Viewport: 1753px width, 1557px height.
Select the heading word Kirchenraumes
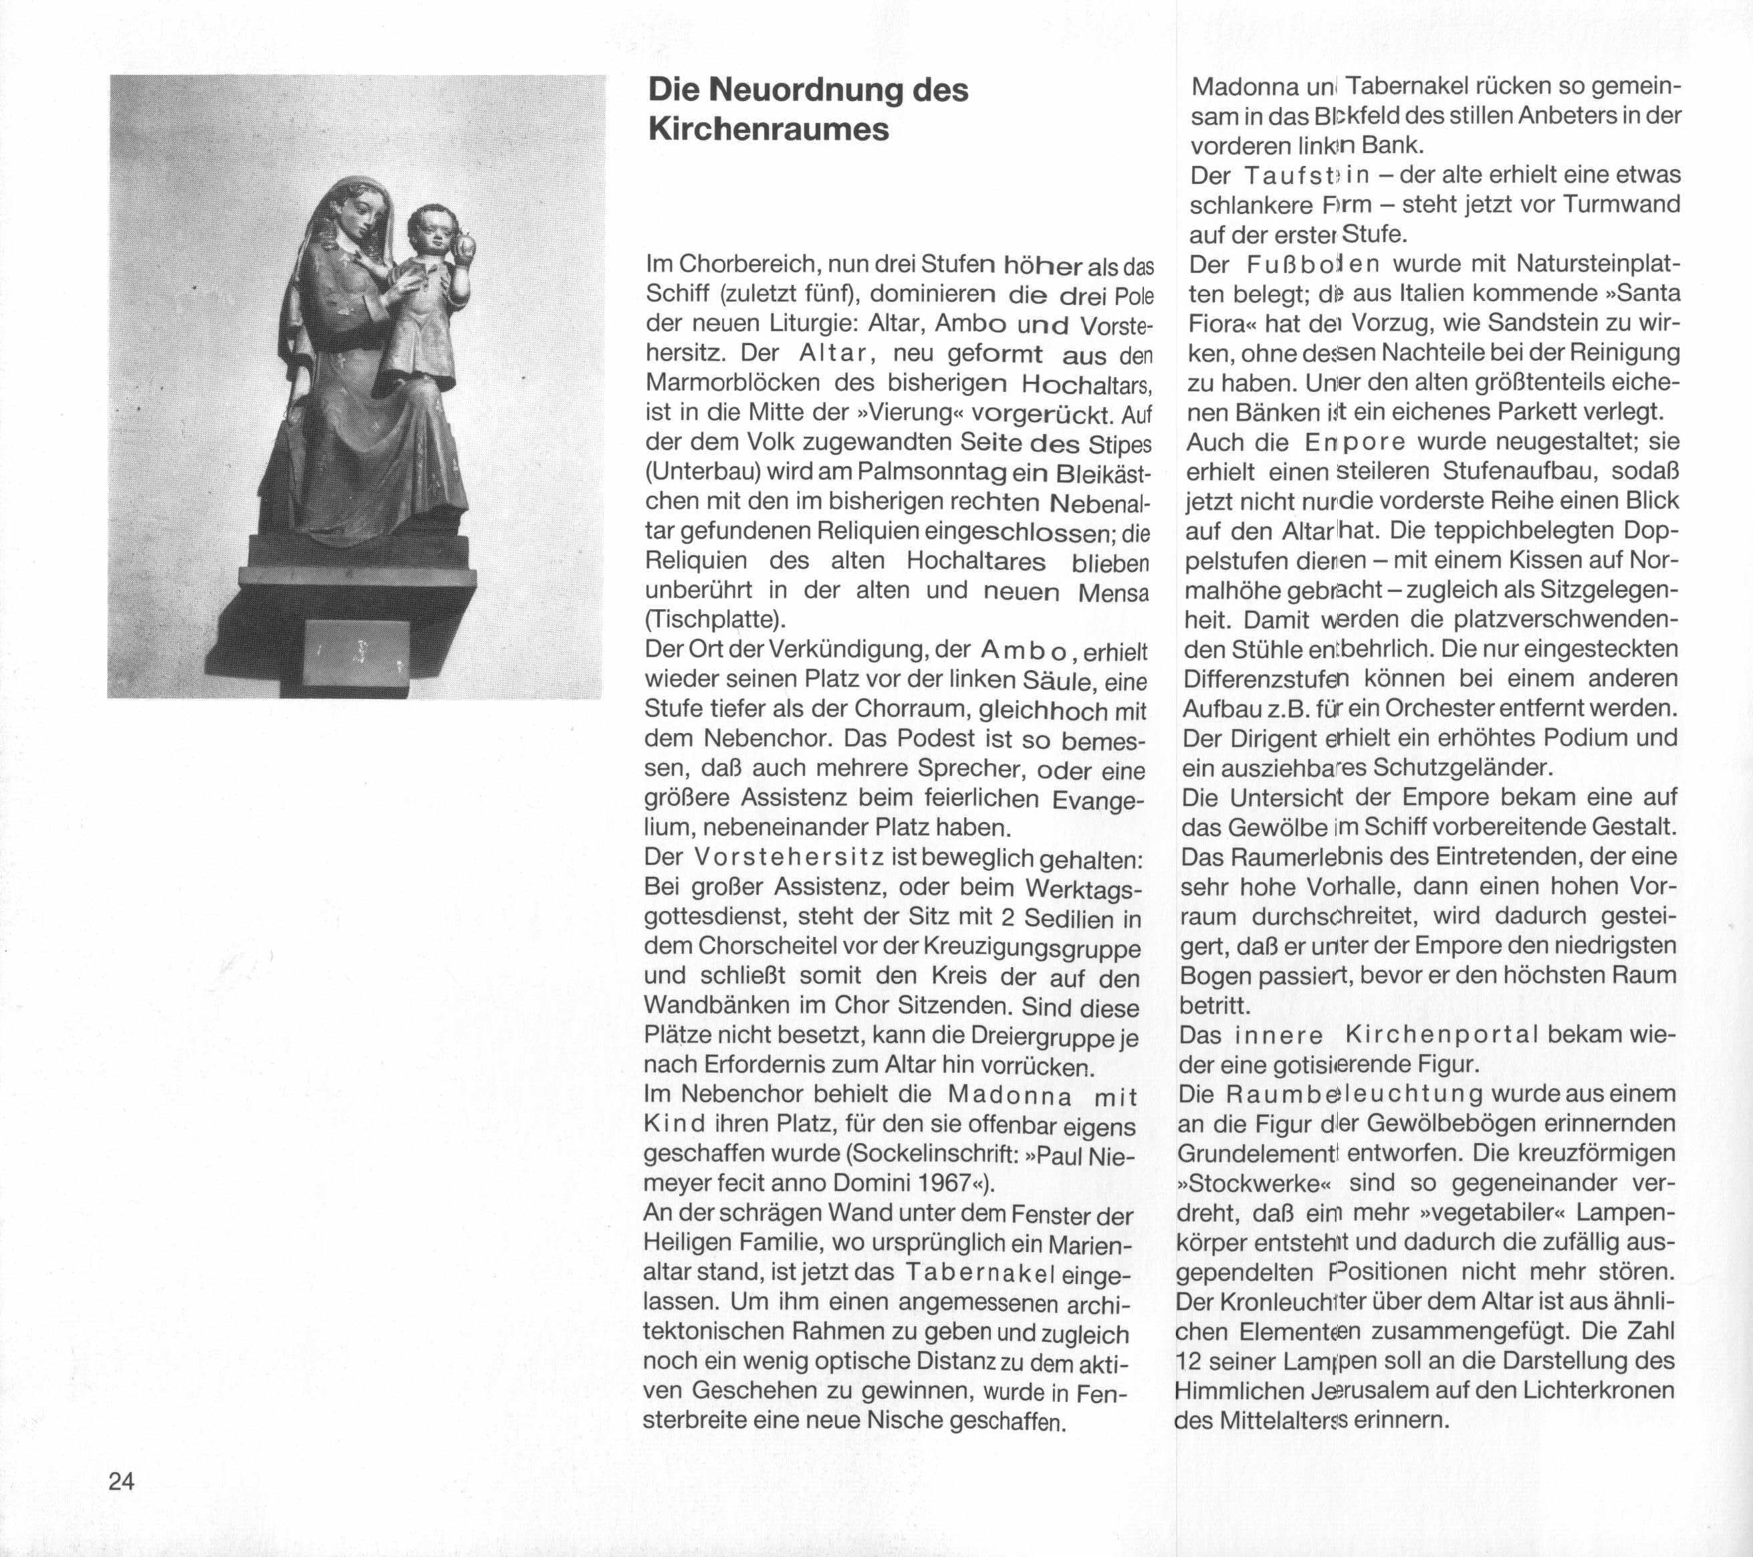click(x=768, y=130)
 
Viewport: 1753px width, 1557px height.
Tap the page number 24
click(x=122, y=1481)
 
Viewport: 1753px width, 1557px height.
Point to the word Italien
click(x=1415, y=294)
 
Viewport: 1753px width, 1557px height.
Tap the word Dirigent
click(x=1250, y=738)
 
